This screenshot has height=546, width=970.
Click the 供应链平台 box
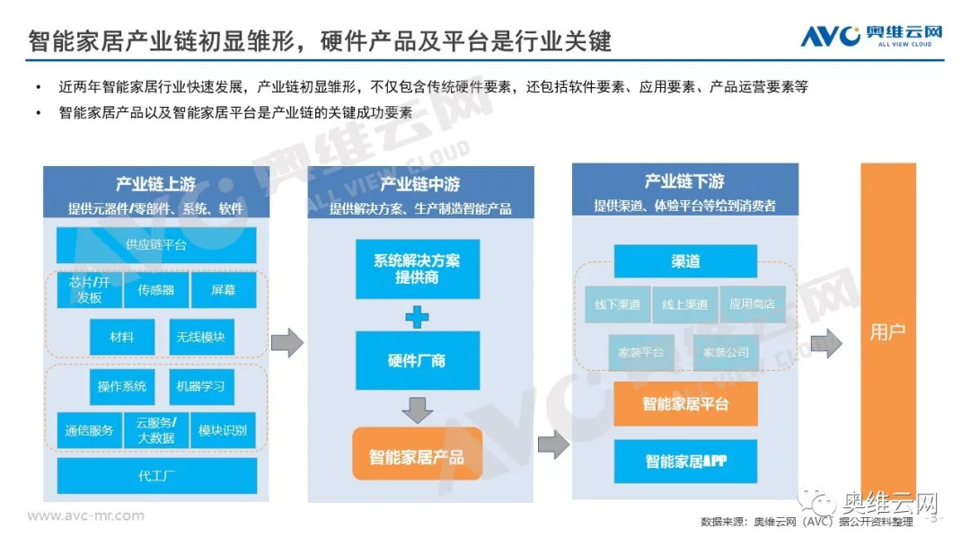(156, 244)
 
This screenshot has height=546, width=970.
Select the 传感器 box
(156, 290)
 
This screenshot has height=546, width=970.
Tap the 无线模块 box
(201, 337)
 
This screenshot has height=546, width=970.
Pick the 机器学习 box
(201, 386)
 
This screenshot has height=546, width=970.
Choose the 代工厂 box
(156, 475)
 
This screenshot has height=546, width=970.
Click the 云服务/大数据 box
(156, 430)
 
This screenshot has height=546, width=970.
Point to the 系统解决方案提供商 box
(417, 269)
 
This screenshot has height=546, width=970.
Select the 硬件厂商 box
(417, 360)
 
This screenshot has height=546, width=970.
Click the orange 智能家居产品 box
(417, 456)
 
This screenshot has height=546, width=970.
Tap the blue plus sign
(417, 316)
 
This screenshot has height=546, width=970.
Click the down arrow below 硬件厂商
(417, 409)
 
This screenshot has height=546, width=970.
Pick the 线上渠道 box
(685, 304)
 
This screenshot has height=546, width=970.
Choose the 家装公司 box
(726, 352)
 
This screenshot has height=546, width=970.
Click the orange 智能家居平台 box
(685, 403)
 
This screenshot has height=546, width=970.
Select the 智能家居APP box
(685, 461)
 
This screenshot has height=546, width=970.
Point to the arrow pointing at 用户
(825, 343)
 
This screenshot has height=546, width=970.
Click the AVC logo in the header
(871, 36)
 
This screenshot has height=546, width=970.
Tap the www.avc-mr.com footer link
(86, 515)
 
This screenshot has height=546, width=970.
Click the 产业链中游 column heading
(420, 184)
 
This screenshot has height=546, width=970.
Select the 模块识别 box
(223, 430)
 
